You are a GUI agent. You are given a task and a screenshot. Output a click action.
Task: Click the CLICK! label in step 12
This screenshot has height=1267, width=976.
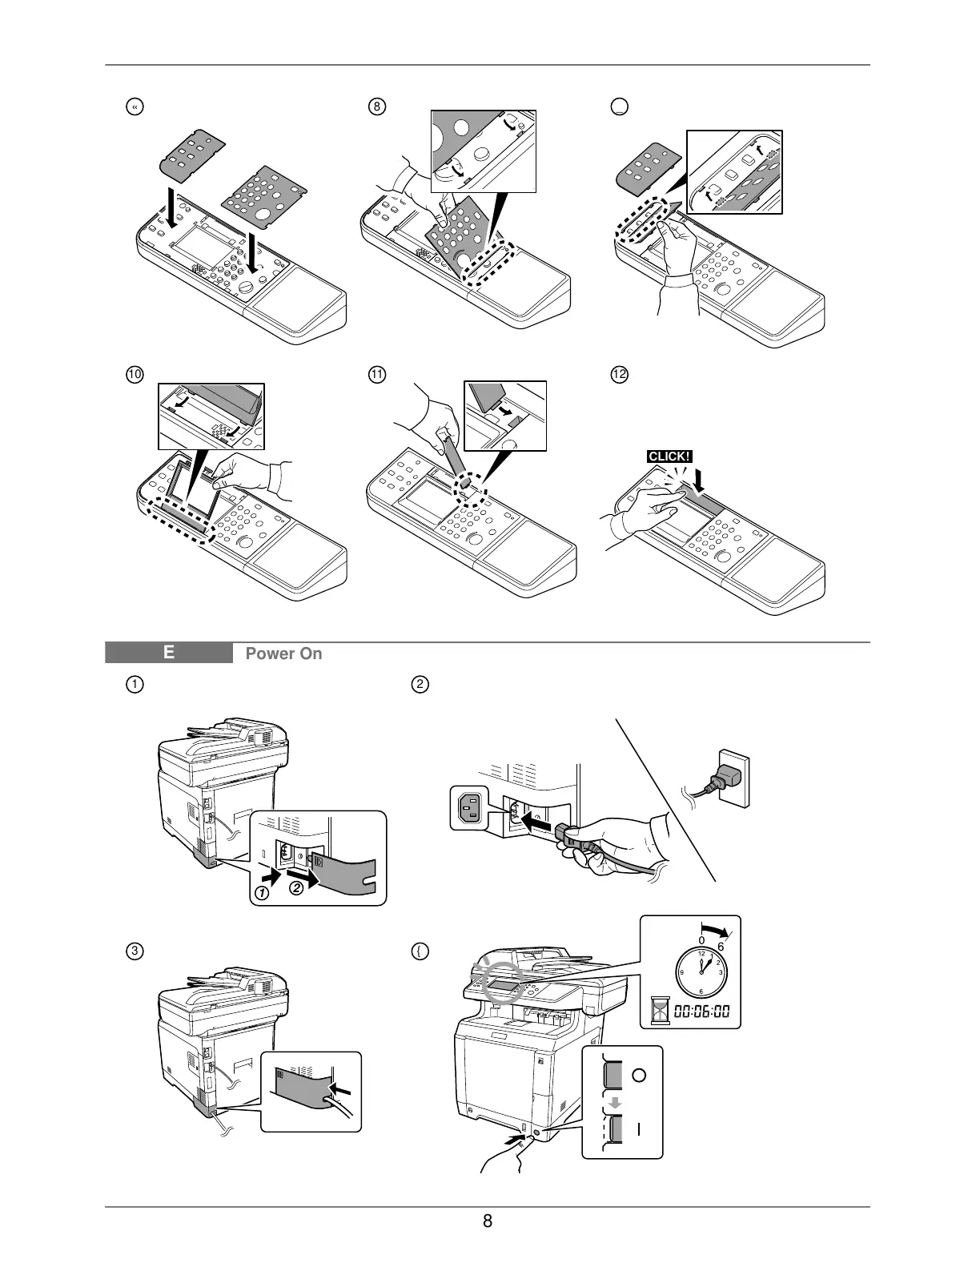coord(669,457)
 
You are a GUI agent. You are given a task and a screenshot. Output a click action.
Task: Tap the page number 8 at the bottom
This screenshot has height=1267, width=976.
coord(487,1221)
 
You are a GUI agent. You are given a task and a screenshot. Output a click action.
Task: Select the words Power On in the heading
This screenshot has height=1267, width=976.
coord(283,654)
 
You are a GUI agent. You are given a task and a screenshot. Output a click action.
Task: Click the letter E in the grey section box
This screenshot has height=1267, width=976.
coord(168,653)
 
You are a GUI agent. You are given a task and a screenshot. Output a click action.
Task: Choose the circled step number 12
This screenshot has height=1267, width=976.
coord(618,374)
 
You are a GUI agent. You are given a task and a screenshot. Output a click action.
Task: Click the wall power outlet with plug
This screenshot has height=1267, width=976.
coord(730,776)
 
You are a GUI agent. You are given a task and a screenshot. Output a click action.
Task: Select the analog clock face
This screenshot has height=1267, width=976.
coord(702,972)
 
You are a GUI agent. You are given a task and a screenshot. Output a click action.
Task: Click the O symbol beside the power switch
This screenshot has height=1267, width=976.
coord(638,1076)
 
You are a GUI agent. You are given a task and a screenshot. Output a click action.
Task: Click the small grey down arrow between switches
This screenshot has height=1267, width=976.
coord(614,1103)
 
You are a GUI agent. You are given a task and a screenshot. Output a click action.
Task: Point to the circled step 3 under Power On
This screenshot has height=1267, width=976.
coord(136,952)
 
